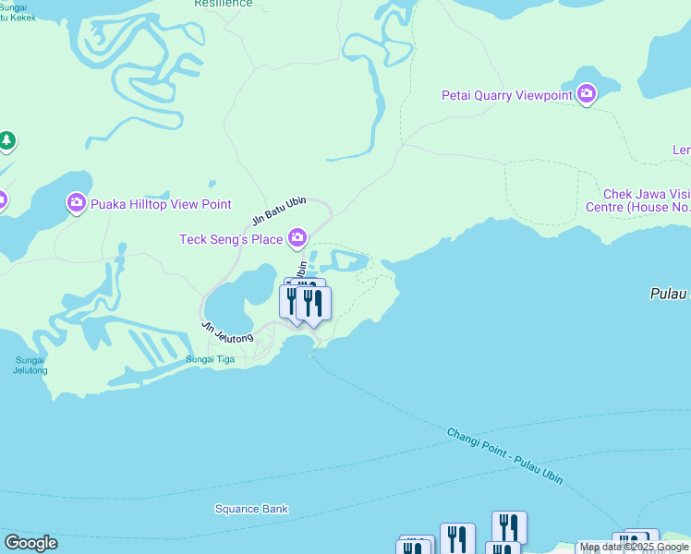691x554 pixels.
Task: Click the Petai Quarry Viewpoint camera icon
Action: click(587, 94)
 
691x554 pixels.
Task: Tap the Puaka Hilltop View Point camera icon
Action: click(76, 203)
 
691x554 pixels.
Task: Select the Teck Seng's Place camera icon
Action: click(297, 239)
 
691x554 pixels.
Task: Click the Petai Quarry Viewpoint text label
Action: click(506, 94)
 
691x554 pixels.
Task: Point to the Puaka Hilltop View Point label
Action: click(161, 204)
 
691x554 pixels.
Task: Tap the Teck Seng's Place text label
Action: click(231, 240)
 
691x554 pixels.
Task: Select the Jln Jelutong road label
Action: click(227, 332)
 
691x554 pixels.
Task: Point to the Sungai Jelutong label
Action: click(30, 365)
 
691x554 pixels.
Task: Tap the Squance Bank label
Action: click(251, 509)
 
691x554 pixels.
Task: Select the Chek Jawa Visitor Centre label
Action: click(646, 200)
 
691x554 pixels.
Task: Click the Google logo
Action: click(30, 543)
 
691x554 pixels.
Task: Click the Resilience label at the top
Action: click(223, 4)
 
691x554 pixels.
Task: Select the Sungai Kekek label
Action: click(18, 13)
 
